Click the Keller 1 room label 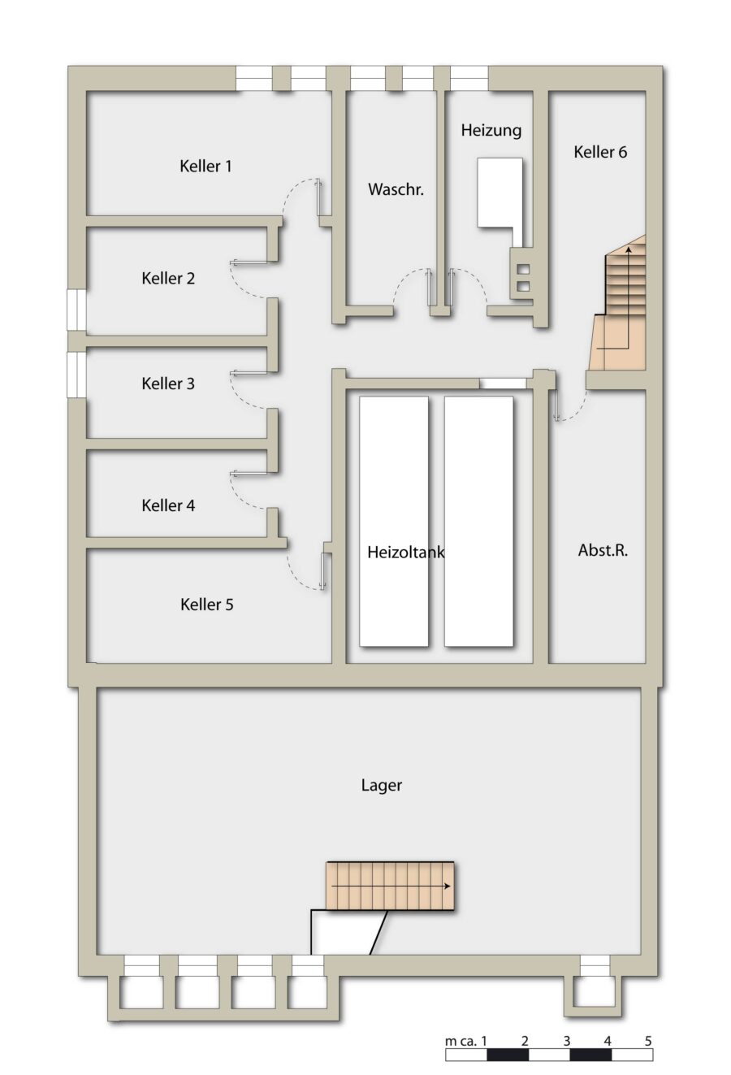tap(205, 166)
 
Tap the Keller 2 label tap(168, 279)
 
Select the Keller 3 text tap(168, 384)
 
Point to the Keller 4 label tap(168, 505)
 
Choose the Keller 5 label tap(207, 605)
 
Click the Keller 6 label tap(600, 152)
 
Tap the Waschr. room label tap(396, 189)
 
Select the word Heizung tap(491, 131)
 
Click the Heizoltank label tap(406, 553)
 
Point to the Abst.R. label tap(603, 550)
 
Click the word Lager tap(382, 786)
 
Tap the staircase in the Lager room tap(390, 886)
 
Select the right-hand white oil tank tap(478, 521)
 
